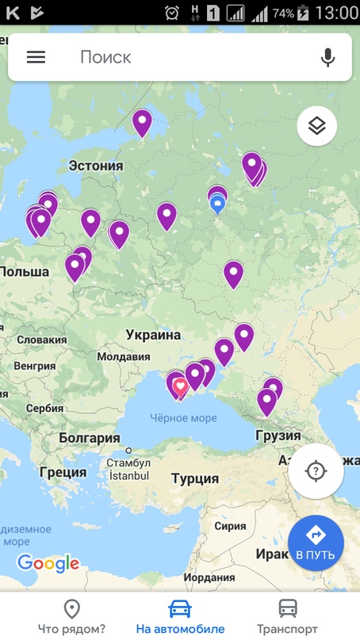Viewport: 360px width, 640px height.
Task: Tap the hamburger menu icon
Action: click(36, 57)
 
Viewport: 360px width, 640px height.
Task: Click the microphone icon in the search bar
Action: click(327, 57)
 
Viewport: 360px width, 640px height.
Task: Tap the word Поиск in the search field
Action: click(105, 57)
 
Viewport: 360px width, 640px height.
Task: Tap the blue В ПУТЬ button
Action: click(316, 543)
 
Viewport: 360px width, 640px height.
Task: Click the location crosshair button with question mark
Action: click(316, 471)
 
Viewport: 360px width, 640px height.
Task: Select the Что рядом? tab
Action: click(72, 617)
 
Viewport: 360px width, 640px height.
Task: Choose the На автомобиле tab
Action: click(180, 617)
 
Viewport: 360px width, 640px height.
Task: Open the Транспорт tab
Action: click(287, 617)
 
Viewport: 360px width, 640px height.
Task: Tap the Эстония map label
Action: click(96, 166)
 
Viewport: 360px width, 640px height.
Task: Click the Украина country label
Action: click(153, 335)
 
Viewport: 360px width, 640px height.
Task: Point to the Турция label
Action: click(195, 478)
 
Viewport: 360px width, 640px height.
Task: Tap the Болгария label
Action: click(83, 438)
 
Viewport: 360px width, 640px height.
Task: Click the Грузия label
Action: click(278, 435)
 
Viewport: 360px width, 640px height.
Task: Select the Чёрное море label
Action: click(183, 418)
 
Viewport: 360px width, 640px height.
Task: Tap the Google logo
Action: click(48, 563)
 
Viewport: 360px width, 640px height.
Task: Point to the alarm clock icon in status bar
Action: click(172, 13)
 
